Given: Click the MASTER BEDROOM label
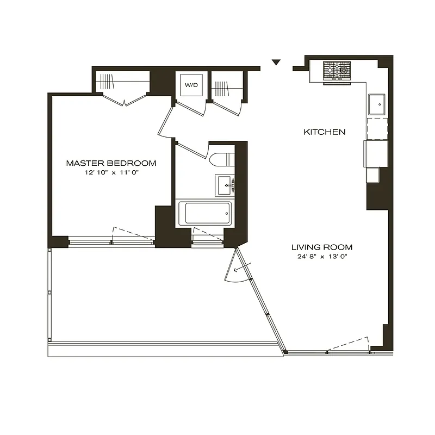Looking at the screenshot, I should coord(111,163).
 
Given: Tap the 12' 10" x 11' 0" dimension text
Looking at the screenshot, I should coord(111,173).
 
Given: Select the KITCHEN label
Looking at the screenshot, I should coord(324,132).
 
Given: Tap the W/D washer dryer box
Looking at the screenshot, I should coord(191,85).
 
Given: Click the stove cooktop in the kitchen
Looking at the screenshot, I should coord(337,71).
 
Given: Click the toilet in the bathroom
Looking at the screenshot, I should coord(221,160).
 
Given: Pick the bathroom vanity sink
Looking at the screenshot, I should coord(225,184).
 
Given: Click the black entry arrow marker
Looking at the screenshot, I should coord(276,63).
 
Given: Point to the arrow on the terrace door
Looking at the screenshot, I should coord(238,268).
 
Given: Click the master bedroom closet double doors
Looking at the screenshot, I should coord(125,100).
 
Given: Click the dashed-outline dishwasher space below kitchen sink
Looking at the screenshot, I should coord(376,128).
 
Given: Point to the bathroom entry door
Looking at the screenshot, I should coord(190,149).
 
